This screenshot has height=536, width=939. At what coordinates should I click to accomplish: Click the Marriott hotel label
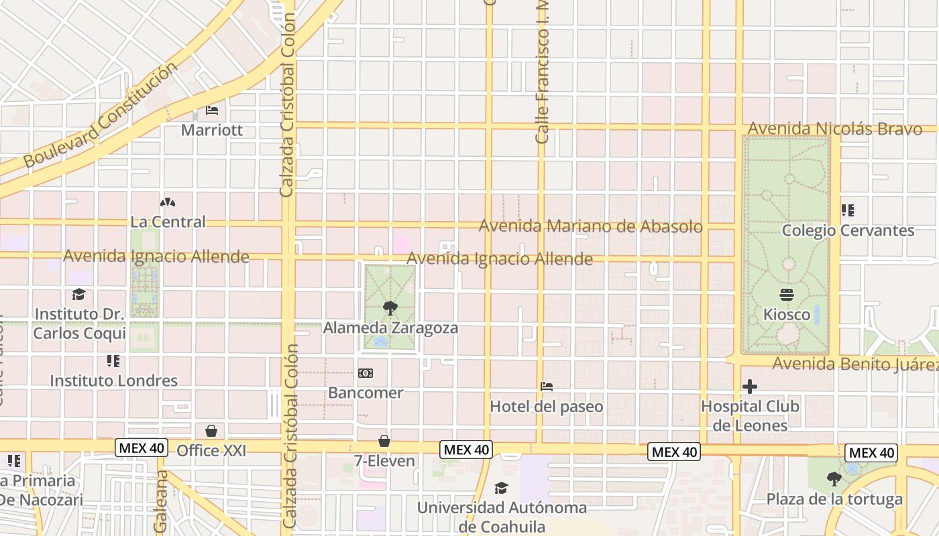pyautogui.click(x=212, y=130)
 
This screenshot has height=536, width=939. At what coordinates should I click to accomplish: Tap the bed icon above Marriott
pyautogui.click(x=212, y=110)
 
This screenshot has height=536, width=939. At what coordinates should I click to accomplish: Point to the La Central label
pyautogui.click(x=168, y=222)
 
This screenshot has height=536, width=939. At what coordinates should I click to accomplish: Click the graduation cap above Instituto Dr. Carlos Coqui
pyautogui.click(x=79, y=295)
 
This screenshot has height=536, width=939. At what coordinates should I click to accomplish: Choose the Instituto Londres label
pyautogui.click(x=114, y=381)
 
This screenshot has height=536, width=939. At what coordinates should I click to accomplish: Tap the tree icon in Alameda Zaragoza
pyautogui.click(x=390, y=308)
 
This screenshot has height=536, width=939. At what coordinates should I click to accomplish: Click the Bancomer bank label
pyautogui.click(x=366, y=393)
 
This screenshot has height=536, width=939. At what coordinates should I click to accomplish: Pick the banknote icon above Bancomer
pyautogui.click(x=366, y=373)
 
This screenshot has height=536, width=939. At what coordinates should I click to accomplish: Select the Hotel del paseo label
pyautogui.click(x=547, y=407)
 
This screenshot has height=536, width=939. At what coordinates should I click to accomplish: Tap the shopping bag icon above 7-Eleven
pyautogui.click(x=384, y=441)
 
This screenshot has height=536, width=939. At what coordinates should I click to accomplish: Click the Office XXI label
pyautogui.click(x=211, y=451)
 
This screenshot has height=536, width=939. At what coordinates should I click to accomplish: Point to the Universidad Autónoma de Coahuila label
pyautogui.click(x=502, y=517)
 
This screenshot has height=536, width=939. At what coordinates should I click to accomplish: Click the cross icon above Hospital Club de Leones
pyautogui.click(x=750, y=387)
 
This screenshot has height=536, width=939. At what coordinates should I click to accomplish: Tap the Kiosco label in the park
pyautogui.click(x=787, y=314)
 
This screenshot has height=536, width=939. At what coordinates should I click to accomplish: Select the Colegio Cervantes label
pyautogui.click(x=848, y=230)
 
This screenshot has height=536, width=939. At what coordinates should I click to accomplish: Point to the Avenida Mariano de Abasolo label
pyautogui.click(x=590, y=226)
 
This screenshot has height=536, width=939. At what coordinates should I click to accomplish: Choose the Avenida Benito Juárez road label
pyautogui.click(x=855, y=364)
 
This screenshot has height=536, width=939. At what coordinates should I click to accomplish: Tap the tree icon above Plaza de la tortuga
pyautogui.click(x=834, y=478)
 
